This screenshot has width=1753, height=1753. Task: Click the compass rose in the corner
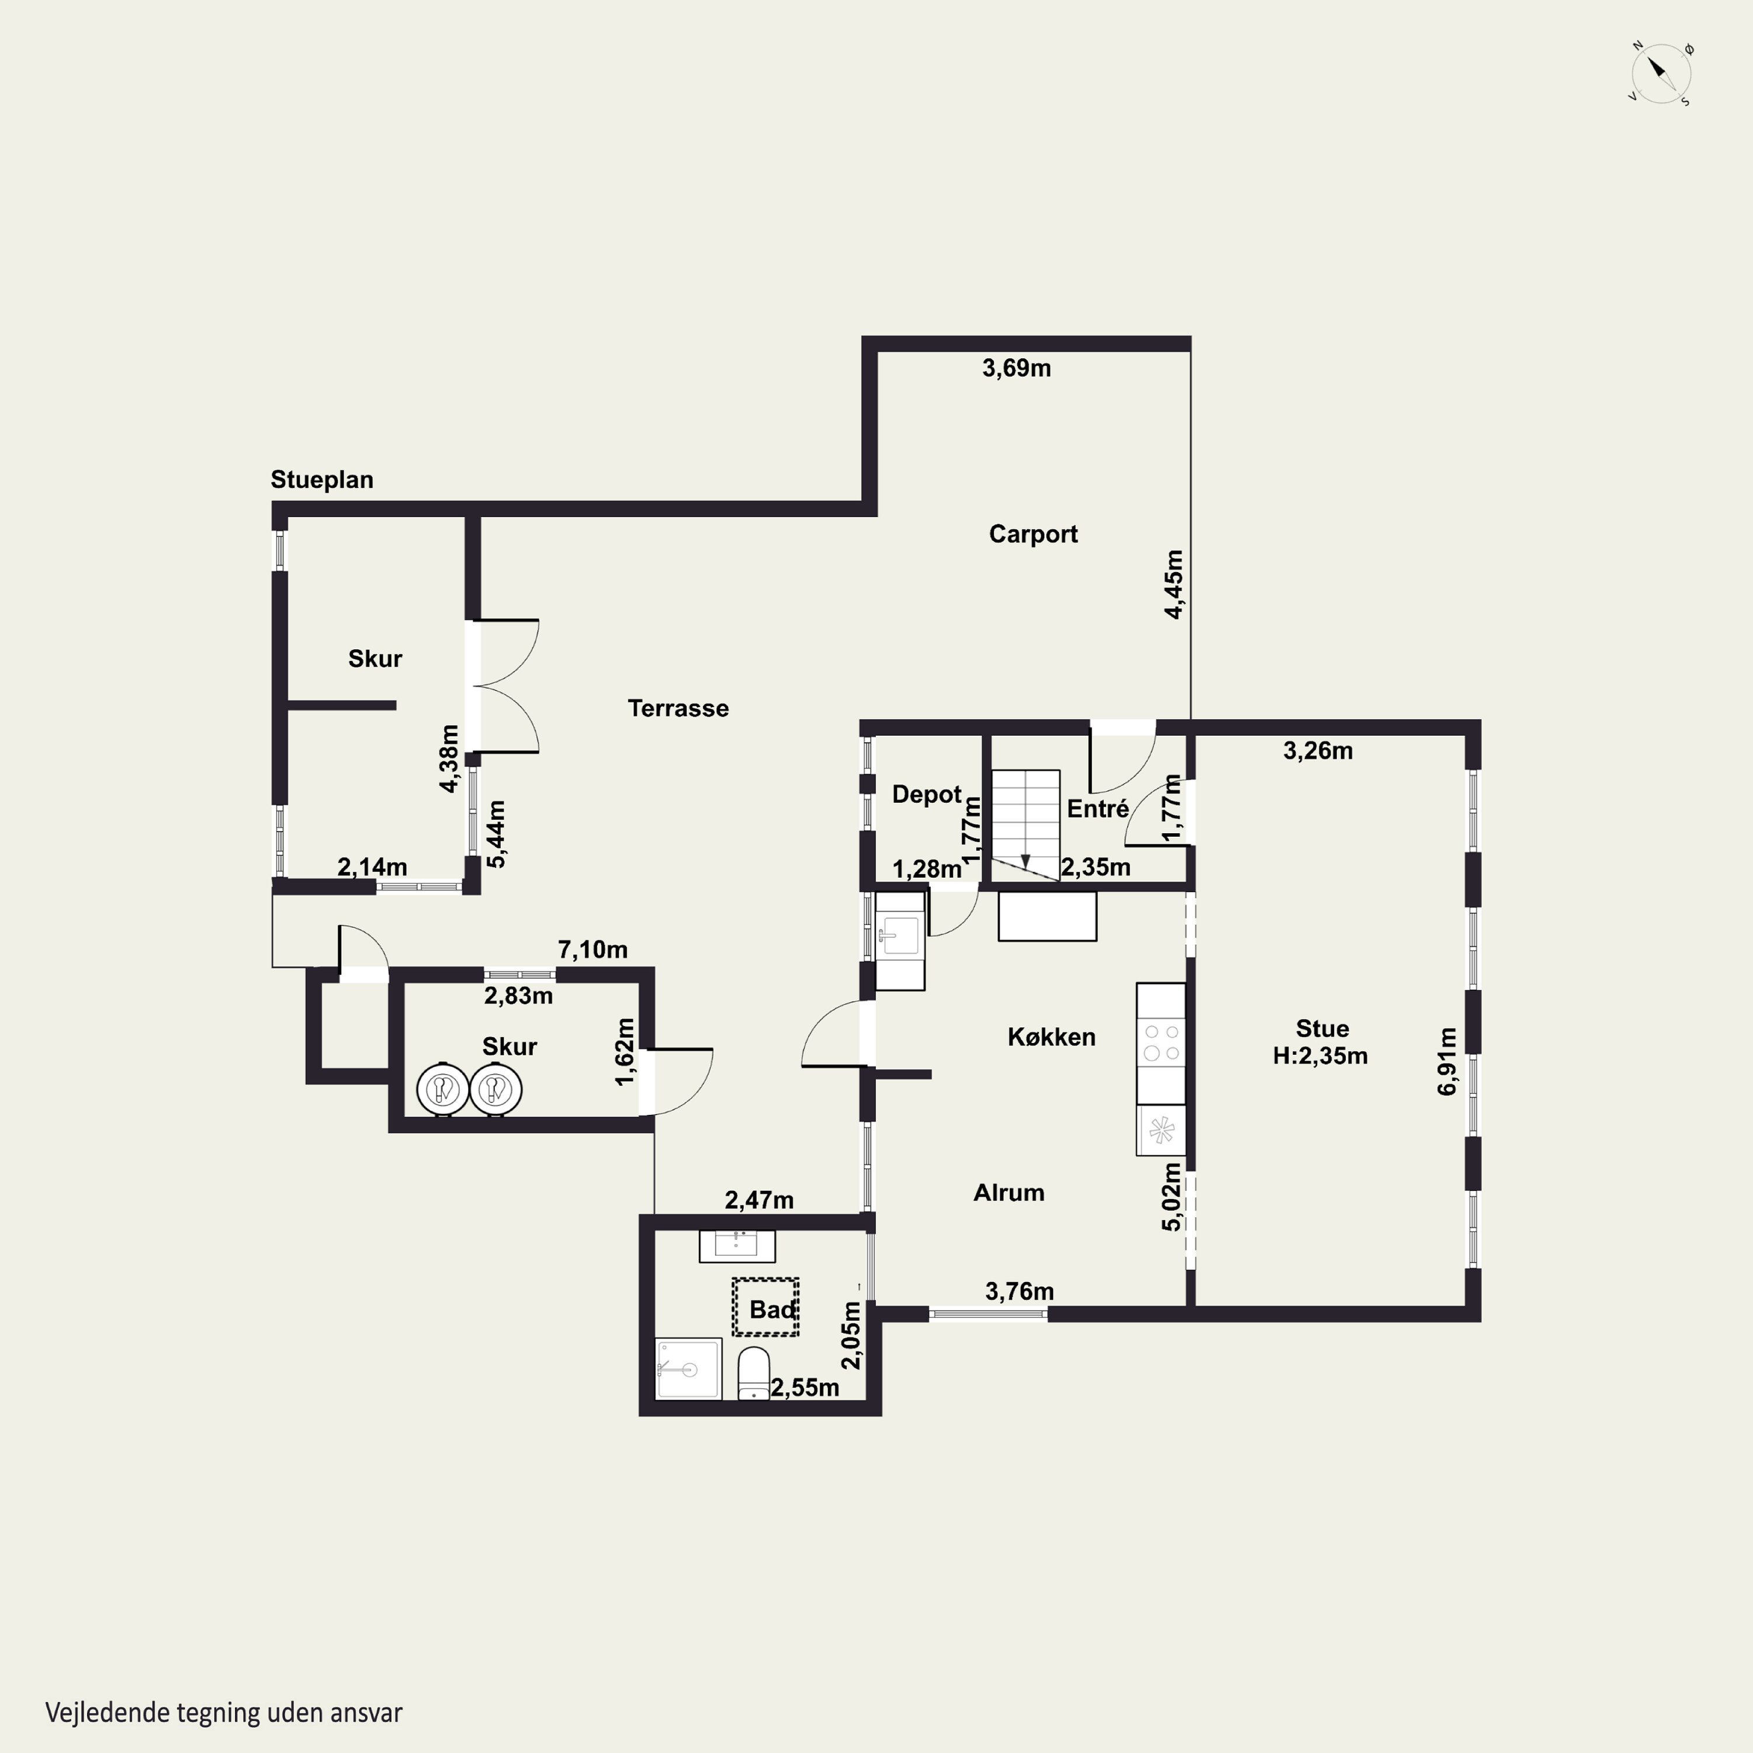[1661, 72]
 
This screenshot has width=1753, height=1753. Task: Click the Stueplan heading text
[321, 479]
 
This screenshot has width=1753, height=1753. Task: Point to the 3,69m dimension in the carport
[1016, 368]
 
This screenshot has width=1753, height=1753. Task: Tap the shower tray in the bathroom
[689, 1369]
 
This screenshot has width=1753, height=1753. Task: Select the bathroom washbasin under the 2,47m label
[737, 1246]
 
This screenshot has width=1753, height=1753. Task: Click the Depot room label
[926, 795]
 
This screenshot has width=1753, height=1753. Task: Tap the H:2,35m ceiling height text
[1320, 1055]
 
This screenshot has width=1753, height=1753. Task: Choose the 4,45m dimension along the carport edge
[1173, 584]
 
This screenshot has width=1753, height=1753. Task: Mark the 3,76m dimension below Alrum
[1019, 1291]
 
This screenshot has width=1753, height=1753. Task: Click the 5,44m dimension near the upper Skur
[496, 834]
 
